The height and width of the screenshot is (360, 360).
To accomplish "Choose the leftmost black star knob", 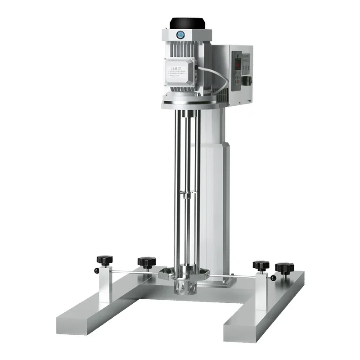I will pos(104,260).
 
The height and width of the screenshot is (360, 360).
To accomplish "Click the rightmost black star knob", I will pos(284,268).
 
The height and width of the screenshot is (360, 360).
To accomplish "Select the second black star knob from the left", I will pos(147,262).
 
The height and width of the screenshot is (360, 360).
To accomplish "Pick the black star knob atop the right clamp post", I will pos(261,265).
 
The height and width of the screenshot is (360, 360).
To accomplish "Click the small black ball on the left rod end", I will pos(97,270).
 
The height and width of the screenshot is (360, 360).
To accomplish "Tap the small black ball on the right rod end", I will pos(274,278).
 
